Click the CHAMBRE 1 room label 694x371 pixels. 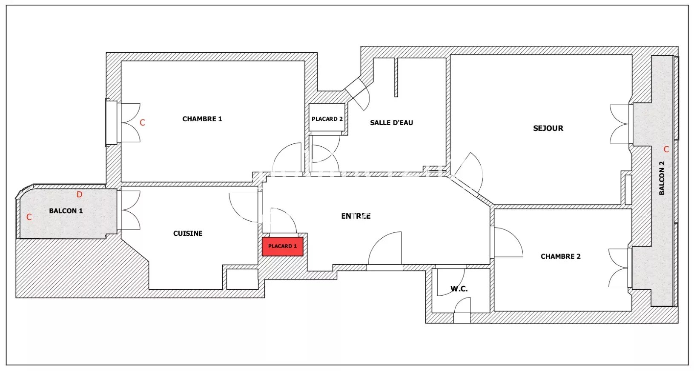point(202,119)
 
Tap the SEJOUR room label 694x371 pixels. point(548,128)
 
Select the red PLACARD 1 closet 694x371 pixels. point(282,246)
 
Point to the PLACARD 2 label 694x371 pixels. point(327,119)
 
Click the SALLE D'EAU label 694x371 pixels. point(391,123)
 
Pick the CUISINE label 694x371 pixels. point(188,234)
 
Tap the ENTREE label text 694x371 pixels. point(356,216)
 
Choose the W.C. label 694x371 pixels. point(459,289)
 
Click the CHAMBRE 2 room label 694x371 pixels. point(560,257)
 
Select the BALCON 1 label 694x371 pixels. point(66,211)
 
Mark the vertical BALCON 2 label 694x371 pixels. point(662,178)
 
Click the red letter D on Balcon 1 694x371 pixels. point(80,194)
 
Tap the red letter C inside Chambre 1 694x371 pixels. point(142,123)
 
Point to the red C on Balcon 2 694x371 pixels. point(666,150)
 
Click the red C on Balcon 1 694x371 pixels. point(29,217)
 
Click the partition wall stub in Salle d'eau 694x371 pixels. point(396,77)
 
